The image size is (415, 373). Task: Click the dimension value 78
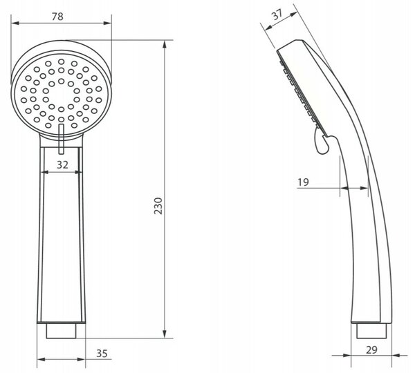click(x=57, y=17)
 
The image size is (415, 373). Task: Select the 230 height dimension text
click(x=158, y=206)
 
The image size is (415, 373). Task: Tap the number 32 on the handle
click(x=62, y=164)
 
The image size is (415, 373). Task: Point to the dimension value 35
click(x=102, y=353)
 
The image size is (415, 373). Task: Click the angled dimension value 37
click(x=277, y=15)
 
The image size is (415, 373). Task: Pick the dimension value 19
click(x=303, y=182)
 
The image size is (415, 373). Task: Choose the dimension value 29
click(x=371, y=350)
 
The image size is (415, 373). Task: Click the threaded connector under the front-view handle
click(x=61, y=331)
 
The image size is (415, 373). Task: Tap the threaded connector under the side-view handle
click(x=371, y=331)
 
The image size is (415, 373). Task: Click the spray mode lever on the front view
click(x=61, y=139)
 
